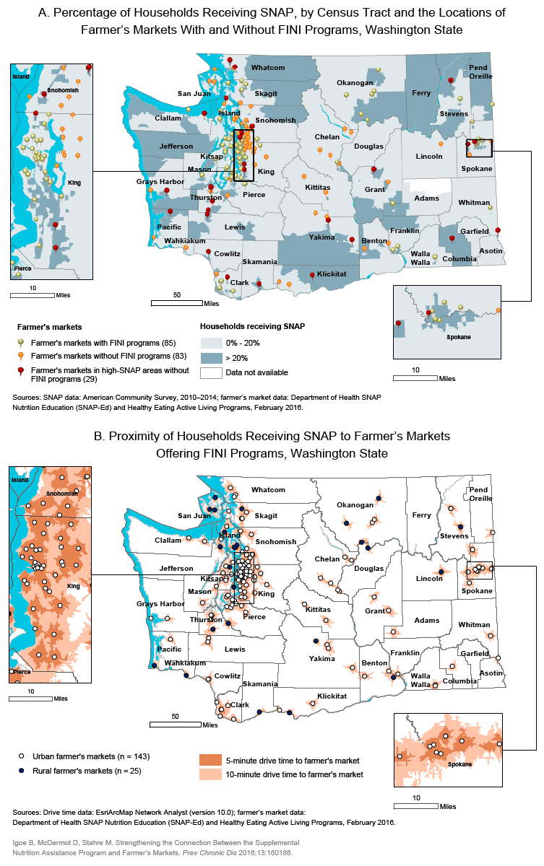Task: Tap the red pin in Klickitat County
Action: coord(312,274)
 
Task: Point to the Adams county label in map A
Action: coord(427,198)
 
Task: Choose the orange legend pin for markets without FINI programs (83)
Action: coord(22,355)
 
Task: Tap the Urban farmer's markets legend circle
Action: coord(22,756)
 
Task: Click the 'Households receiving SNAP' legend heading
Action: coord(252,326)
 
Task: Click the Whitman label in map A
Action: coord(474,203)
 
